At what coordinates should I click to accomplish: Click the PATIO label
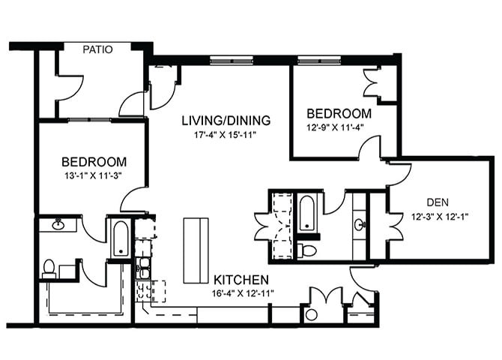[97, 50]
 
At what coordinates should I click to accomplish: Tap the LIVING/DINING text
[226, 120]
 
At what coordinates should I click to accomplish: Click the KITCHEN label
[241, 278]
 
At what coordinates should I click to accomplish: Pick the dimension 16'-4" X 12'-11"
[241, 292]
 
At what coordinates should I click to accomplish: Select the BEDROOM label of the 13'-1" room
[94, 161]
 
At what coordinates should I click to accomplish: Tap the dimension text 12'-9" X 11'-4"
[339, 127]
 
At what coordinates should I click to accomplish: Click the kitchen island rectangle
[196, 250]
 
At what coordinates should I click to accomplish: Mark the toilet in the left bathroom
[49, 267]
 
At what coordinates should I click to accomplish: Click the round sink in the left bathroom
[58, 223]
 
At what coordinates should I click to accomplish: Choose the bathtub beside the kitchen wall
[120, 238]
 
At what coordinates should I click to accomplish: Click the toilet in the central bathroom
[306, 249]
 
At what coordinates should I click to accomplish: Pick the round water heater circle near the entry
[311, 315]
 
